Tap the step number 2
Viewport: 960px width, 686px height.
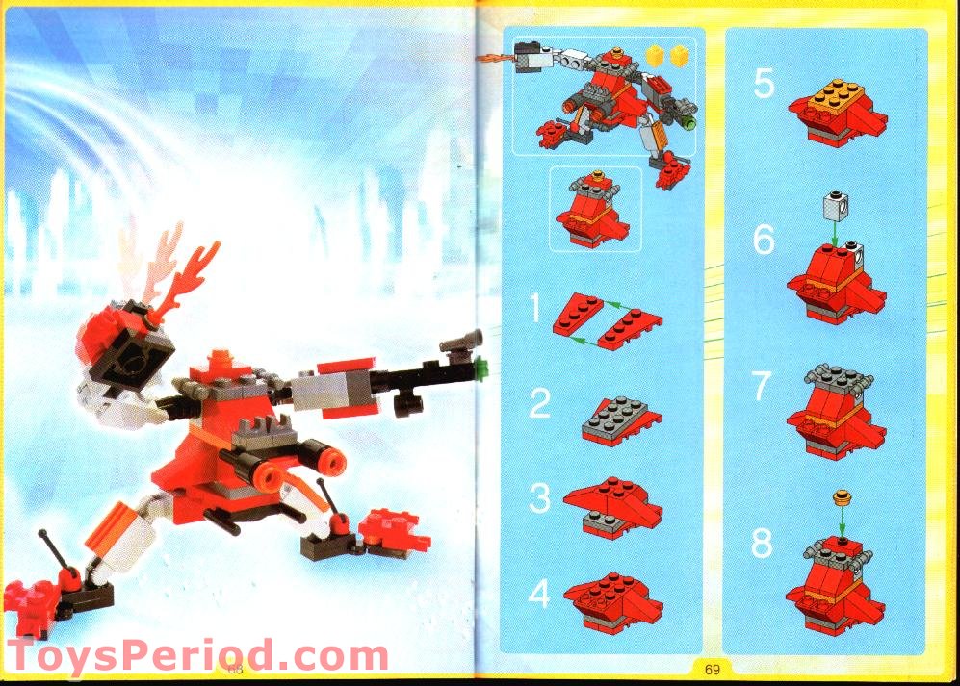click(539, 403)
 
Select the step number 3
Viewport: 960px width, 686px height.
click(540, 497)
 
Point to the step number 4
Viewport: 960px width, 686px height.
click(539, 594)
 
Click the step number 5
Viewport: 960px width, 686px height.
click(764, 84)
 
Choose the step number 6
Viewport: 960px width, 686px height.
click(764, 240)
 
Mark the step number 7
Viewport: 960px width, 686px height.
click(763, 388)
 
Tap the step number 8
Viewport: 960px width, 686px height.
click(763, 544)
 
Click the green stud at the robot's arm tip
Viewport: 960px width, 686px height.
click(482, 365)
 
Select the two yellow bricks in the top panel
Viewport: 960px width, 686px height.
click(668, 57)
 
